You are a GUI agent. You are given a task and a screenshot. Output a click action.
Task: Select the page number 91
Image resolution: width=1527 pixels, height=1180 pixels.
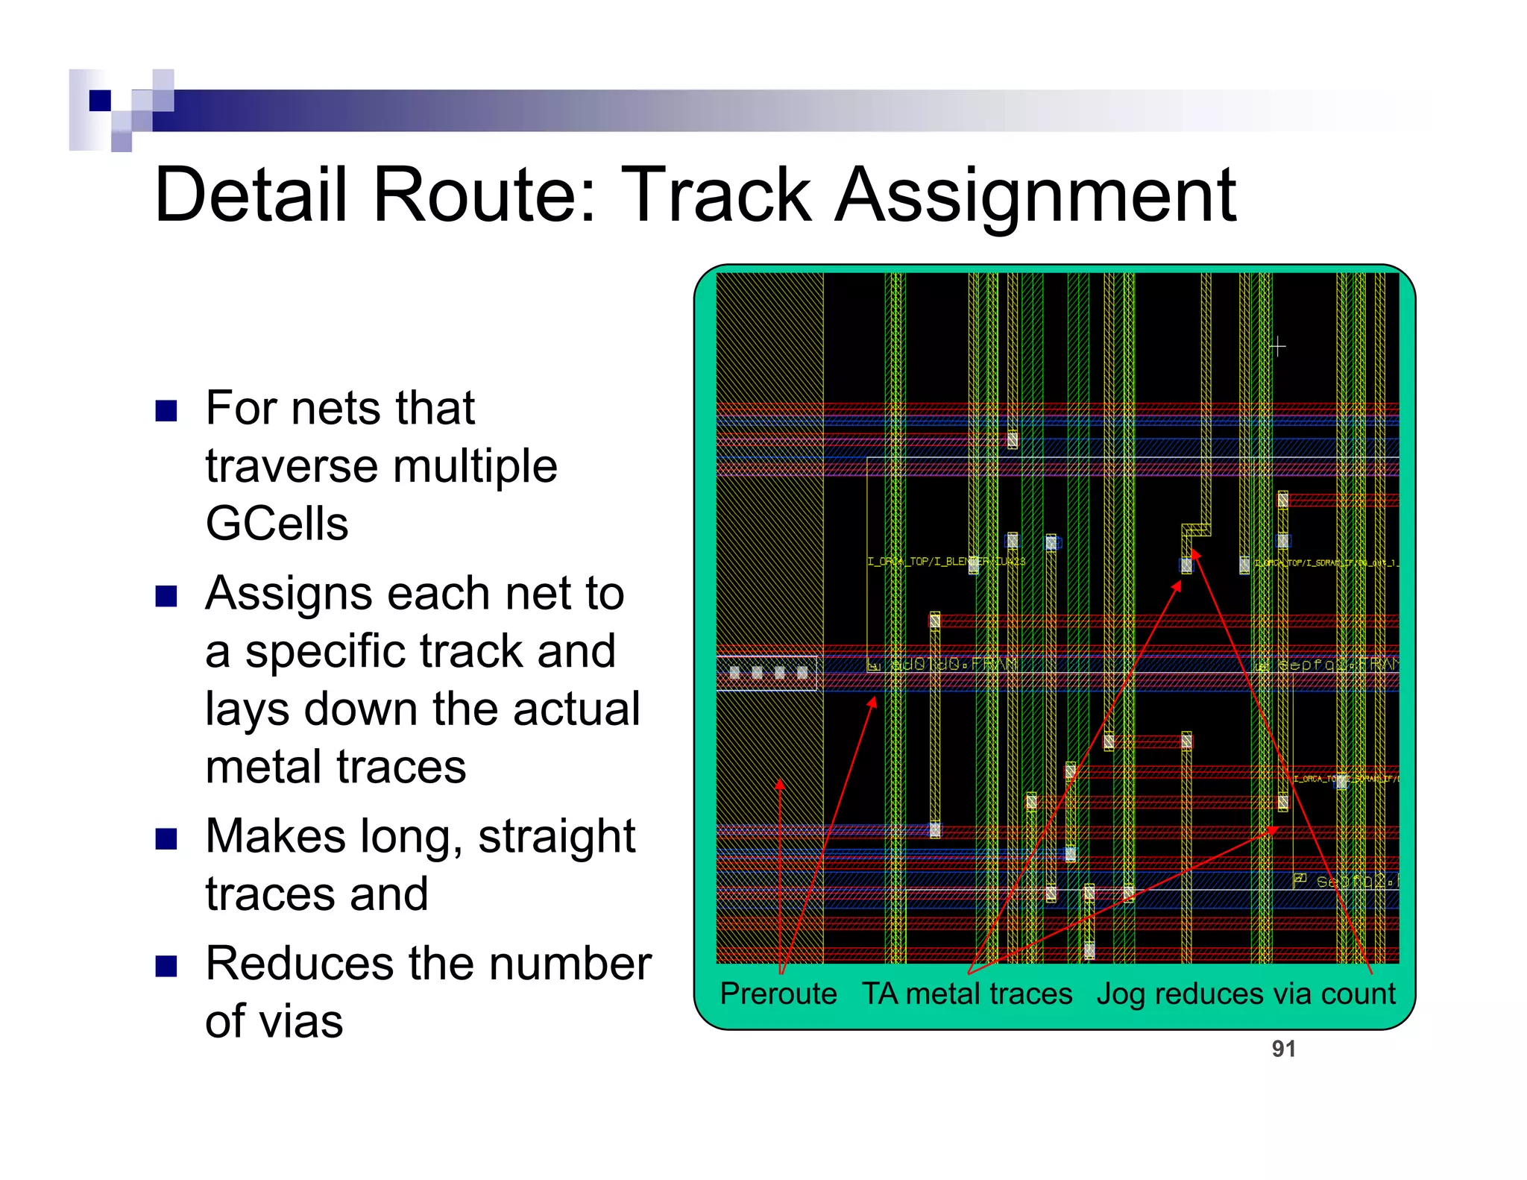click(x=1283, y=1049)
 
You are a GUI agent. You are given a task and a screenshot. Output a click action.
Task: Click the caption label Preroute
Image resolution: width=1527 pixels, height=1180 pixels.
click(x=778, y=994)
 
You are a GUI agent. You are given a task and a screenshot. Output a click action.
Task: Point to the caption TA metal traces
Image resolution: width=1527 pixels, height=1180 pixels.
click(x=967, y=994)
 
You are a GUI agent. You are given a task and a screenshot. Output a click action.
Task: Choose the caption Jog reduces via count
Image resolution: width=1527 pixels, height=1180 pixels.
click(x=1245, y=994)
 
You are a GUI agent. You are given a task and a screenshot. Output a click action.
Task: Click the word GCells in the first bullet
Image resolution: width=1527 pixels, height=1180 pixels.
click(x=277, y=523)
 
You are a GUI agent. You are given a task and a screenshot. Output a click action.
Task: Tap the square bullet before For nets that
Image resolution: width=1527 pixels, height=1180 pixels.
click(x=166, y=411)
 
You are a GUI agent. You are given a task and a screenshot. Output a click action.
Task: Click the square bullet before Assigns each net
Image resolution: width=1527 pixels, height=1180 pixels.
click(x=166, y=596)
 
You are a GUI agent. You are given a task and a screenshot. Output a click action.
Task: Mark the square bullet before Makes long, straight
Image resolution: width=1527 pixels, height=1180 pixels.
click(x=166, y=839)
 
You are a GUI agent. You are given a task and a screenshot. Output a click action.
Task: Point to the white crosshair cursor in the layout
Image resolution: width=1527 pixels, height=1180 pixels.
click(x=1277, y=347)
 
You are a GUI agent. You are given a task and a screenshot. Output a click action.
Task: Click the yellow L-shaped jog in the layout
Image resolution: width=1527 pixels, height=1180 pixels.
click(x=1197, y=530)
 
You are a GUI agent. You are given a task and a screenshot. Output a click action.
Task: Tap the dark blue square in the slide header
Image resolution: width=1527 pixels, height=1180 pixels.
click(x=100, y=100)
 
